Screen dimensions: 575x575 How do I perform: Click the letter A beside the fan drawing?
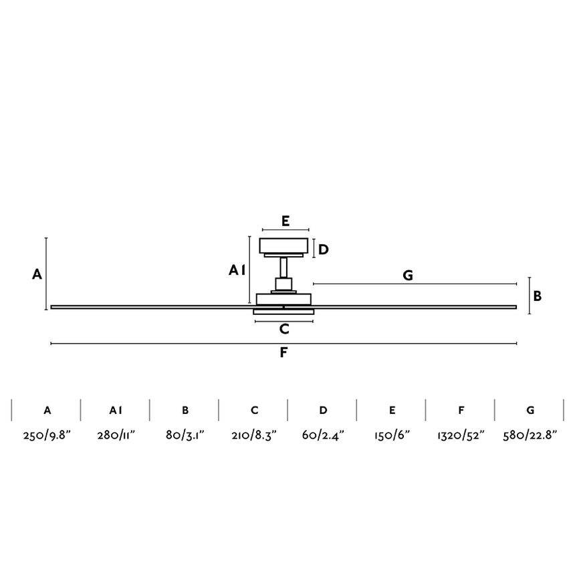(37, 274)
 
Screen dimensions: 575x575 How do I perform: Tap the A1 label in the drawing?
(237, 270)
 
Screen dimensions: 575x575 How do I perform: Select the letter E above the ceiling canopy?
(285, 221)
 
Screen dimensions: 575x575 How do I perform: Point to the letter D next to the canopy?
(323, 249)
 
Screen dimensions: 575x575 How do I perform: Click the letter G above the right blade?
(408, 275)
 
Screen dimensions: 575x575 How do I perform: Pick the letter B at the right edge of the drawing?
(538, 296)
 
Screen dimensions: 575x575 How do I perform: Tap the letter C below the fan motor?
(284, 329)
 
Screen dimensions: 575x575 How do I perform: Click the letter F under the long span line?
(283, 352)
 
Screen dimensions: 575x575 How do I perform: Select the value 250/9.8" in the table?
(47, 435)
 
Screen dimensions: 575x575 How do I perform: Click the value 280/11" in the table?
(116, 435)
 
